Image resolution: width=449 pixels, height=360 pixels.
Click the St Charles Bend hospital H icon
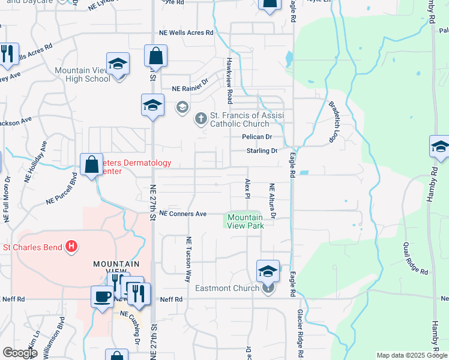click(x=71, y=246)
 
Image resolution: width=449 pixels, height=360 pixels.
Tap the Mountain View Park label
click(x=245, y=221)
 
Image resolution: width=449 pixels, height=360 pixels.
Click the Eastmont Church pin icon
click(x=268, y=289)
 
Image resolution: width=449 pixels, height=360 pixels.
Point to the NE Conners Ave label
click(x=182, y=214)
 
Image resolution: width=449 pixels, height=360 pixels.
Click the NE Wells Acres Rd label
click(x=186, y=34)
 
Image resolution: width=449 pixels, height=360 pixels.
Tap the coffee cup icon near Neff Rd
click(x=101, y=296)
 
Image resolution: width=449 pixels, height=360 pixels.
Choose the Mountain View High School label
click(x=82, y=74)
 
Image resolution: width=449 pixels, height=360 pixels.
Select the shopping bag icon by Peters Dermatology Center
click(x=91, y=165)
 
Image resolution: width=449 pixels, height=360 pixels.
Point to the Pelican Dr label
click(x=257, y=137)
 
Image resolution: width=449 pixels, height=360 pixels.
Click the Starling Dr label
click(x=262, y=151)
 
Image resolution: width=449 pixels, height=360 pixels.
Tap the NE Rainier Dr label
click(x=190, y=88)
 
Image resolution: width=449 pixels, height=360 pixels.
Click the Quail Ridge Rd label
click(x=415, y=259)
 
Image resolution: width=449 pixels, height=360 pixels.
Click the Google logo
click(x=20, y=353)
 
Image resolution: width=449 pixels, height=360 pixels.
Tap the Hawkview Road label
click(x=229, y=81)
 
